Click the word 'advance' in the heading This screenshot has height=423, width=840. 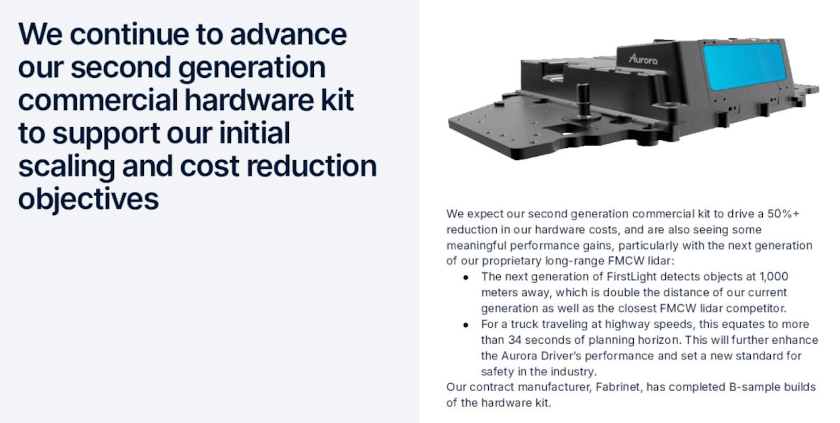(x=288, y=35)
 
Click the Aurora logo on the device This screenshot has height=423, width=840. (x=643, y=59)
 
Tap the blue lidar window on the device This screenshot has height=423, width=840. (x=743, y=66)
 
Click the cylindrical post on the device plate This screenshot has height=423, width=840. (x=583, y=100)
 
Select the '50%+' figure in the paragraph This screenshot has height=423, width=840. (x=783, y=214)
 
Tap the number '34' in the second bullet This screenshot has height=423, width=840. (x=514, y=340)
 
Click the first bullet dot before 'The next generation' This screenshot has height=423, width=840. (x=466, y=278)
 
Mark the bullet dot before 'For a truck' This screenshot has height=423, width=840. (x=466, y=325)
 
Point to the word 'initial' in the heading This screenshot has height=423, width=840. (x=255, y=133)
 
